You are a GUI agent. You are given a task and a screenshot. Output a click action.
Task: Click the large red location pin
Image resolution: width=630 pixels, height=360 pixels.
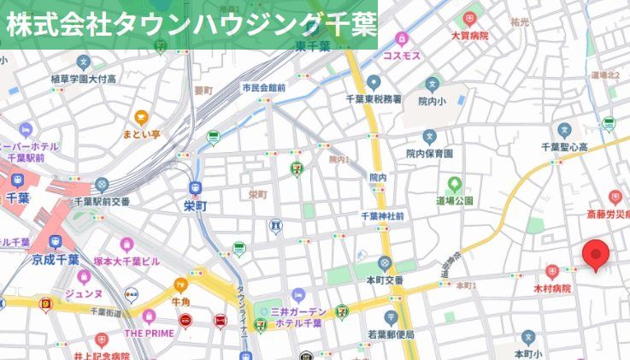[595, 255]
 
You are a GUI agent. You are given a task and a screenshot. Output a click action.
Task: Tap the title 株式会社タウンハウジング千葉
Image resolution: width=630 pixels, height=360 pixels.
[190, 23]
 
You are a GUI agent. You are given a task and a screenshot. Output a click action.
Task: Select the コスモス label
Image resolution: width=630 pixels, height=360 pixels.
[401, 55]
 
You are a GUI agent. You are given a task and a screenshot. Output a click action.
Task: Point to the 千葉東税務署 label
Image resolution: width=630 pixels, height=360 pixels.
[373, 98]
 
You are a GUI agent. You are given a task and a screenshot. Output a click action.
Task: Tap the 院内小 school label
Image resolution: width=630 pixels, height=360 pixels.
[433, 100]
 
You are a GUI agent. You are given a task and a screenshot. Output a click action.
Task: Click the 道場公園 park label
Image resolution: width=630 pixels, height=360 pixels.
[455, 200]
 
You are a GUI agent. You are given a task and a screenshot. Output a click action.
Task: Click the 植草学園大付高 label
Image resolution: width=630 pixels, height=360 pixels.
[83, 79]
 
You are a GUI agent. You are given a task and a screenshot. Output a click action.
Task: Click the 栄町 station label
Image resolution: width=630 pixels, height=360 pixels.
[196, 205]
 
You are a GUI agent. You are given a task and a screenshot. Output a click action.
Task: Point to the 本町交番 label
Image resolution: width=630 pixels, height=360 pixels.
[385, 279]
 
